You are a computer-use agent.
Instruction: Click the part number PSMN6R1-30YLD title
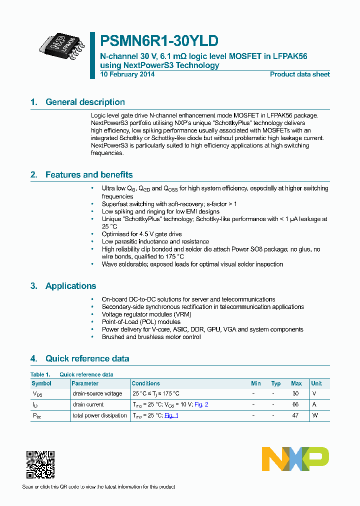[159, 40]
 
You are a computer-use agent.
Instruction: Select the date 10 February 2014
[127, 74]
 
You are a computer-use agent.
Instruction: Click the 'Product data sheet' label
[299, 74]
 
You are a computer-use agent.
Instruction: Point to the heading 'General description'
[85, 102]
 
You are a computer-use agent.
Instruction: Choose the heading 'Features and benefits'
[89, 174]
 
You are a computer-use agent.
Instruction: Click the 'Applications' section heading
[70, 286]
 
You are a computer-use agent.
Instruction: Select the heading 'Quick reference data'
[87, 358]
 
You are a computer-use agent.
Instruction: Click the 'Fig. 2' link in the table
[201, 404]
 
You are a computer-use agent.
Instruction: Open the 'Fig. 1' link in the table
[171, 415]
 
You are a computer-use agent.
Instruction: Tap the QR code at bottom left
[40, 464]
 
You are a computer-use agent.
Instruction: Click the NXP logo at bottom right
[295, 459]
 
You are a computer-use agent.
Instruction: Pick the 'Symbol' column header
[41, 383]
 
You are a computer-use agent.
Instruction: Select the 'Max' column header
[296, 383]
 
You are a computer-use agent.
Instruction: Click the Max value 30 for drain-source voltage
[295, 393]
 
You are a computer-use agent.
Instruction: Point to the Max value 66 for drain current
[295, 404]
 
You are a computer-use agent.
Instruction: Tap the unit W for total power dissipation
[314, 415]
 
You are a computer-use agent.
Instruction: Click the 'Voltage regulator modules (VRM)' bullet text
[146, 314]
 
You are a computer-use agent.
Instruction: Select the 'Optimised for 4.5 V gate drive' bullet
[141, 234]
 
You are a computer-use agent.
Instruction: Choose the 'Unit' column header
[316, 383]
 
